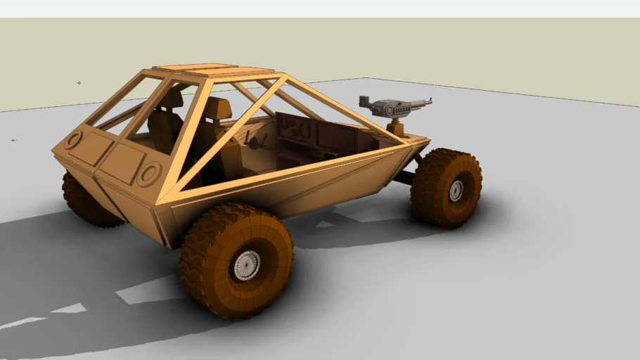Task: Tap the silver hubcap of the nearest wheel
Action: coord(246,264)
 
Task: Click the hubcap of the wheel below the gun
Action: coord(456,190)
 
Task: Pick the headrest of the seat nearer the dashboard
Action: coord(218,109)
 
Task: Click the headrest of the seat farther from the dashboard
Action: coord(171,98)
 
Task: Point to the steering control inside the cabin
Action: coord(253,143)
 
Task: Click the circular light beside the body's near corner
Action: coord(149,173)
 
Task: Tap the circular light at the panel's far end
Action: coord(73,139)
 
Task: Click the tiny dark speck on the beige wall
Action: coord(79,83)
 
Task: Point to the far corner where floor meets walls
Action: coord(365,78)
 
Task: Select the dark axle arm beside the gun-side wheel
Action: coord(404,176)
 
